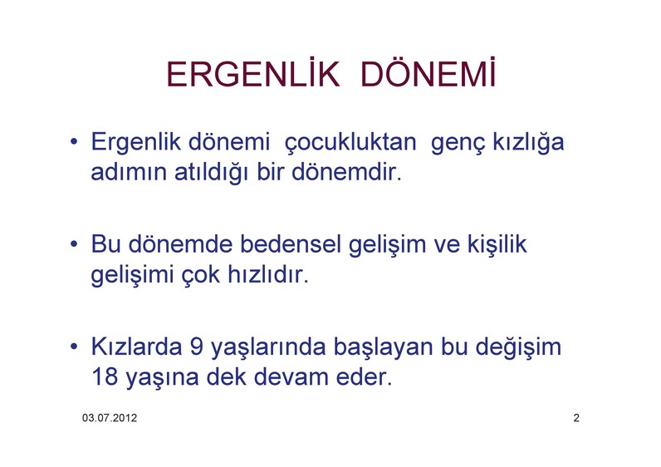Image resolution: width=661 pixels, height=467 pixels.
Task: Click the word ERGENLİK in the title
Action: (x=253, y=73)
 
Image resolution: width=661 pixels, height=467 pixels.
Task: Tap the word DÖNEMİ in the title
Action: (x=428, y=73)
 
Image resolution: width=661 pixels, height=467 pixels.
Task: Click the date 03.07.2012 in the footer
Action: (x=110, y=418)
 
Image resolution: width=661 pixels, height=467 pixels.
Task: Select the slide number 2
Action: (x=576, y=418)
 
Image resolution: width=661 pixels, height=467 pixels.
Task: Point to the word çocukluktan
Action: (x=350, y=143)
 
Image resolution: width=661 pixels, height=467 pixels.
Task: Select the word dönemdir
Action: (x=346, y=172)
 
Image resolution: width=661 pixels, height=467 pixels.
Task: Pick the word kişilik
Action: (x=497, y=244)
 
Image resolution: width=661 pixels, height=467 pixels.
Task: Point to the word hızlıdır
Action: (x=268, y=274)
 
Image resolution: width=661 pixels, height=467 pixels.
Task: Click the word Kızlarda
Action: (x=136, y=347)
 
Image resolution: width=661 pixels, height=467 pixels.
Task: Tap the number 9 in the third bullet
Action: (x=197, y=347)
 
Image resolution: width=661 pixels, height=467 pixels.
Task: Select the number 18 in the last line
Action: (x=105, y=376)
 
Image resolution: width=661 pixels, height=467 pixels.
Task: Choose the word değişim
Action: (x=518, y=347)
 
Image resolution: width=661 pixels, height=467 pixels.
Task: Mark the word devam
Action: (x=291, y=376)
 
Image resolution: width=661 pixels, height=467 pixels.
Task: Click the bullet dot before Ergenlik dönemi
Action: (x=74, y=142)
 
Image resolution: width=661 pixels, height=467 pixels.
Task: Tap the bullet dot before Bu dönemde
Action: (x=74, y=244)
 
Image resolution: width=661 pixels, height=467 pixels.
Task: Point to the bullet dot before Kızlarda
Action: (x=74, y=347)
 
